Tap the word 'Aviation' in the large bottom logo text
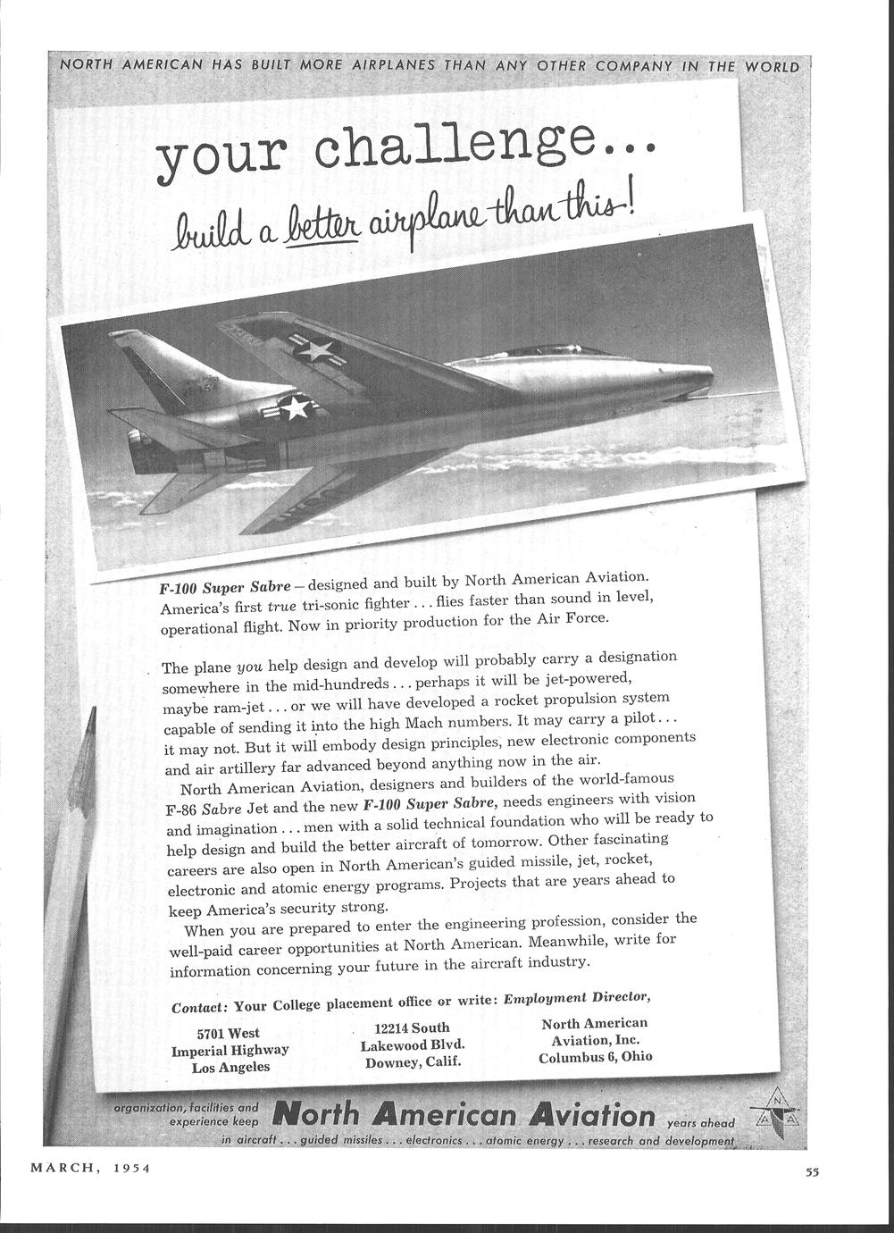[591, 1115]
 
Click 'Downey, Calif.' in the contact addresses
[413, 1062]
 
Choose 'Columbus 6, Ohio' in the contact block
[595, 1057]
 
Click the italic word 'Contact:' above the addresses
[200, 1007]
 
